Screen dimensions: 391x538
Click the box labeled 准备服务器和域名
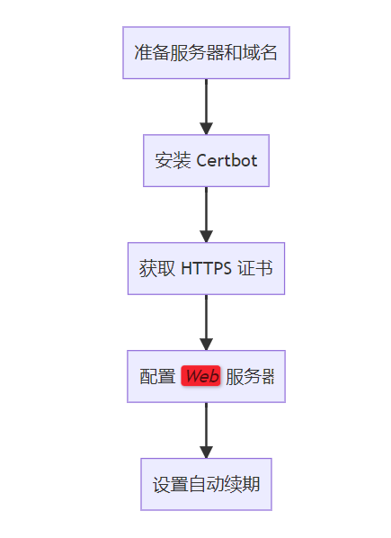pyautogui.click(x=207, y=53)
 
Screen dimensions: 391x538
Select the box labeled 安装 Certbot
pyautogui.click(x=207, y=160)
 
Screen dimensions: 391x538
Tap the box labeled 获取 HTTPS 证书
pyautogui.click(x=207, y=268)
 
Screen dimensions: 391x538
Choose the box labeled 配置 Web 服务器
pyautogui.click(x=207, y=376)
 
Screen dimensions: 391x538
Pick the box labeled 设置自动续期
pyautogui.click(x=207, y=484)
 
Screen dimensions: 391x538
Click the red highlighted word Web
pyautogui.click(x=200, y=376)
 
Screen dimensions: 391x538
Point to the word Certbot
pyautogui.click(x=227, y=160)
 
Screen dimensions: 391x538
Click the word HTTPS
pyautogui.click(x=207, y=268)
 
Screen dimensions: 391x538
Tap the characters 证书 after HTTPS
pyautogui.click(x=255, y=268)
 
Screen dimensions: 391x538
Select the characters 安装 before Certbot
pyautogui.click(x=173, y=160)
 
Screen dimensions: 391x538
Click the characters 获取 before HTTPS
pyautogui.click(x=157, y=268)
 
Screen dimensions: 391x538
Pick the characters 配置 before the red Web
pyautogui.click(x=157, y=376)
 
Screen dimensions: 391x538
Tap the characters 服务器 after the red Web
pyautogui.click(x=250, y=376)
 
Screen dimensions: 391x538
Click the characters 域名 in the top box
pyautogui.click(x=260, y=53)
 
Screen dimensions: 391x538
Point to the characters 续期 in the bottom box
pyautogui.click(x=242, y=484)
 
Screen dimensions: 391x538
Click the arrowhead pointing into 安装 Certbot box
pyautogui.click(x=207, y=129)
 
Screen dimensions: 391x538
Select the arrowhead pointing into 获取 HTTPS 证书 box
pyautogui.click(x=207, y=237)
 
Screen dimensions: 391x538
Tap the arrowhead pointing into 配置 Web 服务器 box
pyautogui.click(x=207, y=345)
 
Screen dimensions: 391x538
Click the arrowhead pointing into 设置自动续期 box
pyautogui.click(x=207, y=453)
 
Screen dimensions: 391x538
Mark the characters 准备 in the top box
pyautogui.click(x=152, y=53)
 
